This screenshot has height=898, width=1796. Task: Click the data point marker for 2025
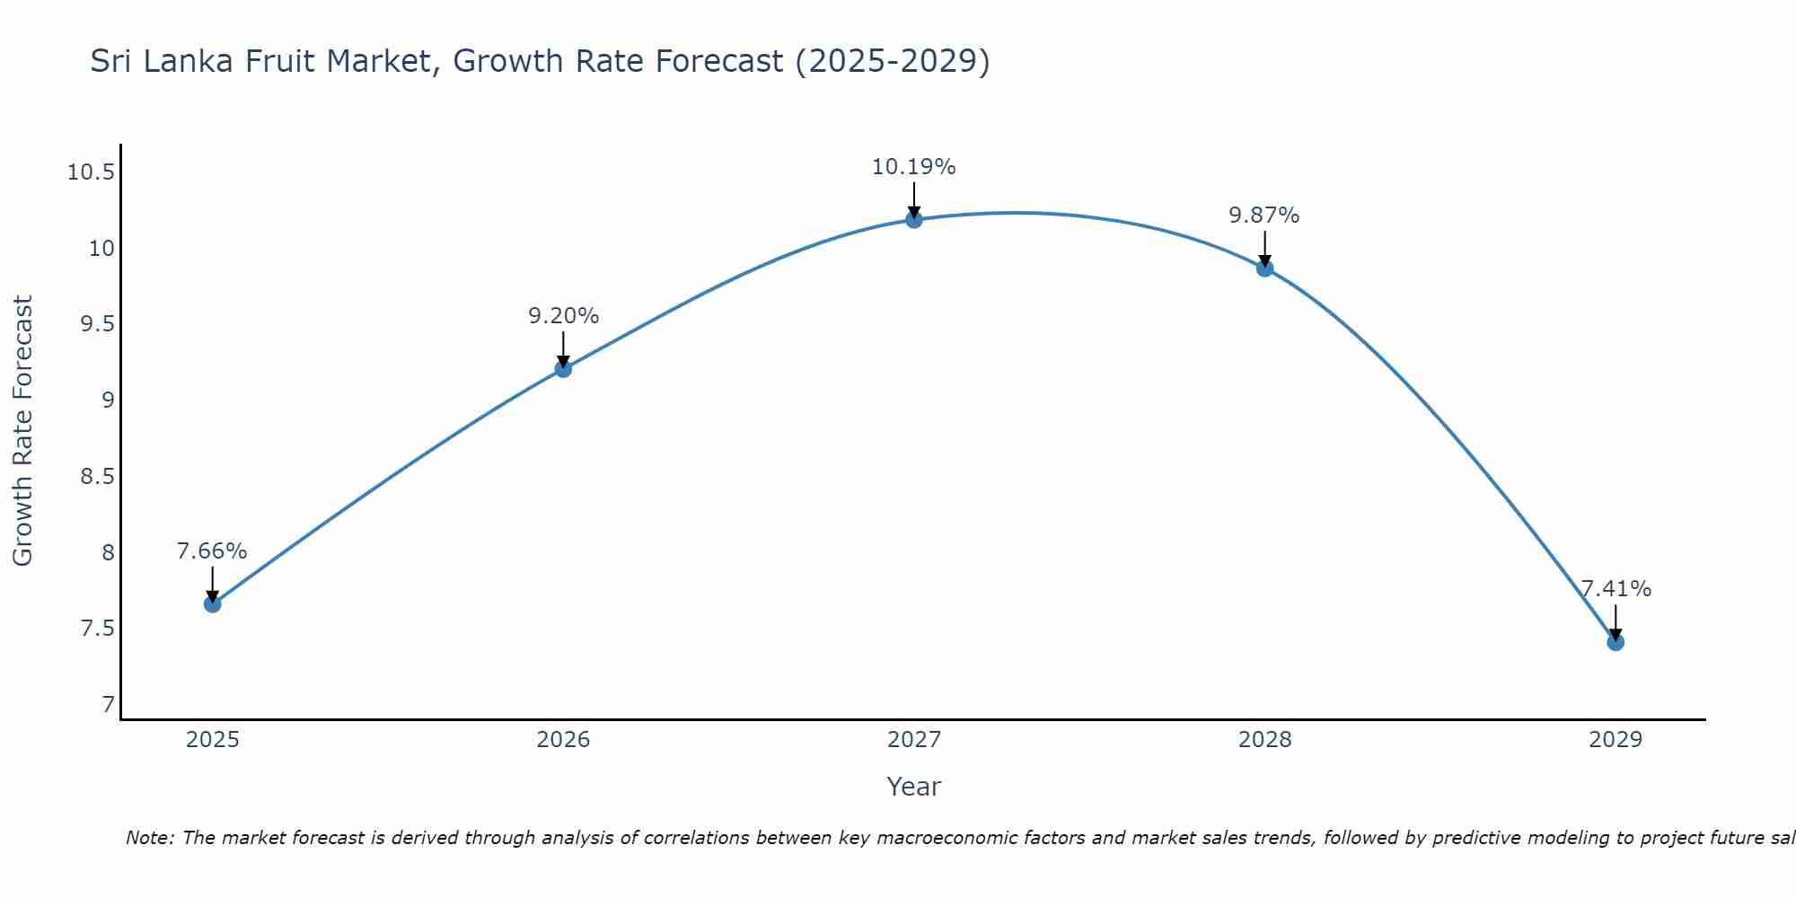213,604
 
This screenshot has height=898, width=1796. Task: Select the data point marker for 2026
563,369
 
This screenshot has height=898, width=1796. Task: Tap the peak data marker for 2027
914,219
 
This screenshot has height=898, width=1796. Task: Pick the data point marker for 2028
1264,268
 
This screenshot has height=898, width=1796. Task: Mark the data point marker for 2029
1616,642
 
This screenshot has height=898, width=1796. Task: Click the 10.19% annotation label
914,167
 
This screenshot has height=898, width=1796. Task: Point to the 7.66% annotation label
212,551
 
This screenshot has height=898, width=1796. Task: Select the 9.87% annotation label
1264,216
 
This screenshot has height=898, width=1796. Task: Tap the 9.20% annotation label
563,316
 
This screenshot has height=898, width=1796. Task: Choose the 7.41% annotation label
1616,589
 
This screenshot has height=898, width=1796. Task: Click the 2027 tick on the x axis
914,740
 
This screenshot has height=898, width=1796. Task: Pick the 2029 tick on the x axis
1616,740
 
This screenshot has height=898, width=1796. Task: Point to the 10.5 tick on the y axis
91,172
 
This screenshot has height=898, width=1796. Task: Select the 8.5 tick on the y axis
97,476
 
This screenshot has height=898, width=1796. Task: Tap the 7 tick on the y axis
109,704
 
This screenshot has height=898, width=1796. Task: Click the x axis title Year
914,787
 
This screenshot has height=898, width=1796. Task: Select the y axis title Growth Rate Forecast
22,431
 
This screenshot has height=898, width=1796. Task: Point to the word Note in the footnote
149,838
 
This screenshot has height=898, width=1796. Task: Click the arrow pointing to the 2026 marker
563,348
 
